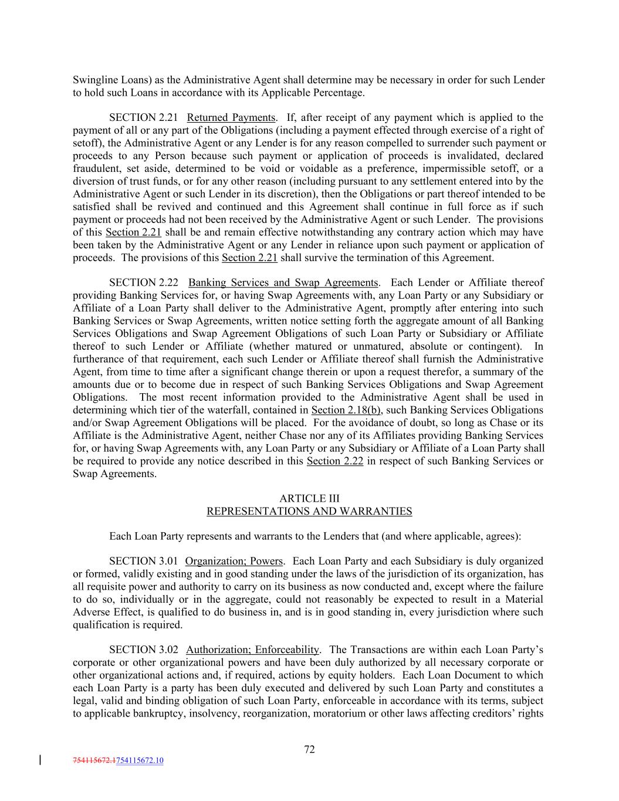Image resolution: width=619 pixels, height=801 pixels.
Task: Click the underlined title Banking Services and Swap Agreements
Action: pyautogui.click(x=283, y=283)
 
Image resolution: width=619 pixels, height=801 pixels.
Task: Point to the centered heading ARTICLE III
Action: pyautogui.click(x=309, y=499)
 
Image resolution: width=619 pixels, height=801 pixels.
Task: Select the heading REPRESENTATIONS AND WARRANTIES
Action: pyautogui.click(x=309, y=512)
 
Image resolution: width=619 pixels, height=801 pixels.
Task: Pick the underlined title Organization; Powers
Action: pyautogui.click(x=234, y=561)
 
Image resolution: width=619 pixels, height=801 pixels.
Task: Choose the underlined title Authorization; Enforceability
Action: pyautogui.click(x=253, y=650)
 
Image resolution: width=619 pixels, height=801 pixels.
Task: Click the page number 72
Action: pyautogui.click(x=309, y=749)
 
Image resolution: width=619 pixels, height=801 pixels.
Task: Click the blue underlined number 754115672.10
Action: pyautogui.click(x=140, y=761)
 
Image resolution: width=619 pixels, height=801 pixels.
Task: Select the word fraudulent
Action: pyautogui.click(x=96, y=168)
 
